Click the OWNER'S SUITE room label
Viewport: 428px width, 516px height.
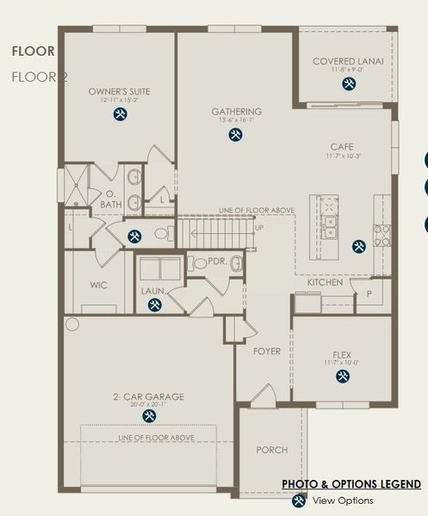pos(120,91)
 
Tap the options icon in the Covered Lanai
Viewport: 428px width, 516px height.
pos(348,83)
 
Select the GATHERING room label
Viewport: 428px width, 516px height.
pos(236,112)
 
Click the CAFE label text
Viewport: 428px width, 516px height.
pos(341,147)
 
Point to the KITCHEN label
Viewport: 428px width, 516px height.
pos(325,282)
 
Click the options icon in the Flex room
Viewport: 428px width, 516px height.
pos(341,377)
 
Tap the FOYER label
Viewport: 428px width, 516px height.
pos(266,351)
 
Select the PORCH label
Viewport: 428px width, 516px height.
pos(272,450)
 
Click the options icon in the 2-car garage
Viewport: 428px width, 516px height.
pos(148,415)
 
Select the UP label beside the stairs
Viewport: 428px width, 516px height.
pos(259,227)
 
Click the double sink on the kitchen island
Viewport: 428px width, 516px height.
pos(330,226)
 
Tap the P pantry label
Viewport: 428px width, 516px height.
pos(369,293)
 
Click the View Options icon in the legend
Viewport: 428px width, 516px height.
pos(299,500)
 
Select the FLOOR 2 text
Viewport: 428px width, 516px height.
pos(39,77)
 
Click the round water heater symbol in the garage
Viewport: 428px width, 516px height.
pos(71,324)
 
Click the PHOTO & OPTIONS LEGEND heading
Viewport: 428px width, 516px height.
pos(351,484)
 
